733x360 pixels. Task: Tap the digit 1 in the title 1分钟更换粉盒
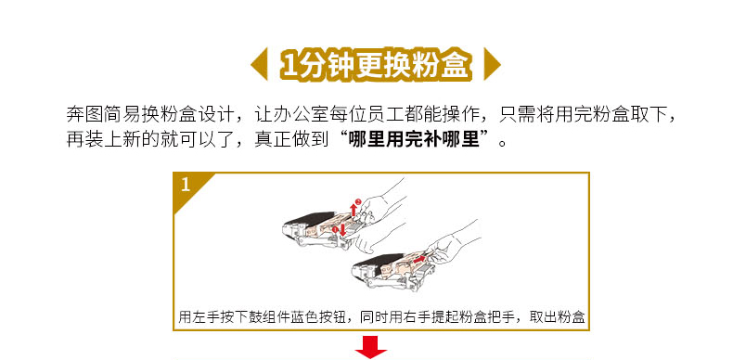[289, 65]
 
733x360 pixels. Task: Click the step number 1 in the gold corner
[186, 186]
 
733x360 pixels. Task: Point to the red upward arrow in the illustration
[354, 210]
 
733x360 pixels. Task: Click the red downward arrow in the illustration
[342, 229]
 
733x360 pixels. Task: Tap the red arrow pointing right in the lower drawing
[419, 258]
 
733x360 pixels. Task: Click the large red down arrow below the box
[371, 350]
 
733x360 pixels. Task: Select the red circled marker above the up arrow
[358, 201]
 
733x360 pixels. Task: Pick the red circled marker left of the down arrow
[335, 229]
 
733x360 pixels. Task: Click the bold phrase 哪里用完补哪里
[415, 140]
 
